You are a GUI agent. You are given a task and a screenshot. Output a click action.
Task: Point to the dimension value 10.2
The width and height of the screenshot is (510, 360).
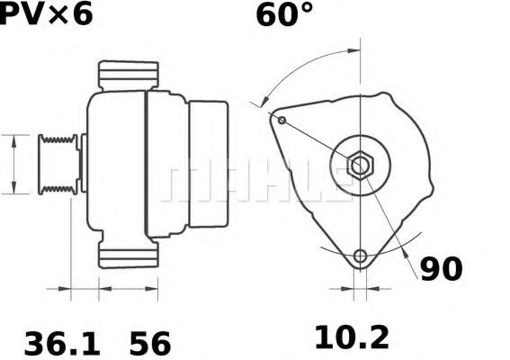352,338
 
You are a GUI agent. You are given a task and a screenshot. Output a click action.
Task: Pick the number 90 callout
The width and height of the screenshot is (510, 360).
441,268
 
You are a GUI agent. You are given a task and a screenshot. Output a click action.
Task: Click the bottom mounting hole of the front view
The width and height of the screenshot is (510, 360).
361,256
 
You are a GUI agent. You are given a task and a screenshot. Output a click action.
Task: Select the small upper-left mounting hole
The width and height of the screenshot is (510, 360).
282,120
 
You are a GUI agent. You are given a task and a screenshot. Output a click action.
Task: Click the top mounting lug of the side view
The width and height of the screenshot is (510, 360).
129,76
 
